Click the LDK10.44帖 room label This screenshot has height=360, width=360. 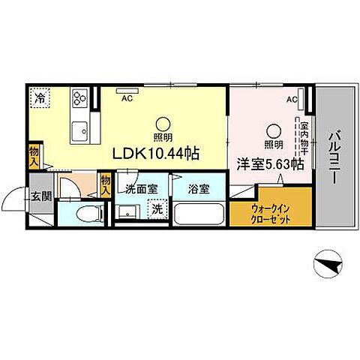tap(155, 154)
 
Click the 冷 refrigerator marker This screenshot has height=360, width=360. tap(39, 97)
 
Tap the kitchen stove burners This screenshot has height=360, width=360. tap(80, 99)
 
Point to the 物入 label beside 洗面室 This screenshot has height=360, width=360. tap(106, 185)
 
